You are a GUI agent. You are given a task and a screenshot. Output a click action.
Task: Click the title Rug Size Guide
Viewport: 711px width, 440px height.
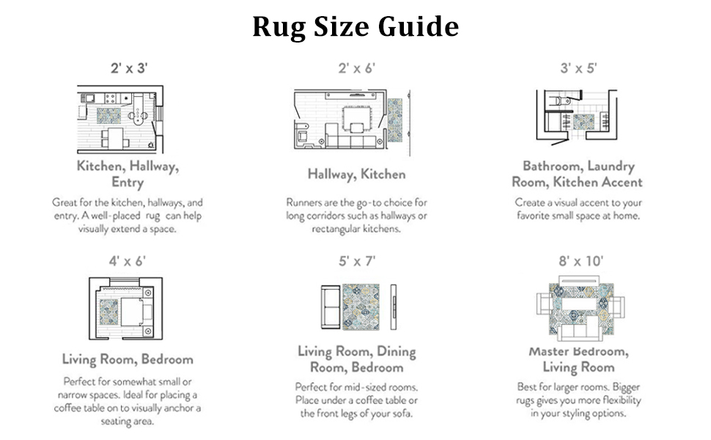coord(355,26)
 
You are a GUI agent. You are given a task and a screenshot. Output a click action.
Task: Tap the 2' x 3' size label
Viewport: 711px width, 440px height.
coord(129,68)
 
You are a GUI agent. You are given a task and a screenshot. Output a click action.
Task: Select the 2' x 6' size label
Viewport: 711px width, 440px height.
coord(357,68)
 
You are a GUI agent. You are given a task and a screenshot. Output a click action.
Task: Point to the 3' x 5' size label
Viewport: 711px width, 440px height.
coord(578,68)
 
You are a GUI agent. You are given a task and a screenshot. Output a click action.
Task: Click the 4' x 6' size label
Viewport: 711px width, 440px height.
coord(128,261)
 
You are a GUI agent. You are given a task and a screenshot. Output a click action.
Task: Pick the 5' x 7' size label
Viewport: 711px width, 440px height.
coord(357,261)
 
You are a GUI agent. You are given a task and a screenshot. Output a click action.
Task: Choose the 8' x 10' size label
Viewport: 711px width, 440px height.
coord(581,261)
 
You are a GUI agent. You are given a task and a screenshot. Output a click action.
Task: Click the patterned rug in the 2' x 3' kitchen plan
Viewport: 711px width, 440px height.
coord(108,115)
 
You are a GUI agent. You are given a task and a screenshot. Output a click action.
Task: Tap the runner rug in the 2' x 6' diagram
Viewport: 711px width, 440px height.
coord(394,120)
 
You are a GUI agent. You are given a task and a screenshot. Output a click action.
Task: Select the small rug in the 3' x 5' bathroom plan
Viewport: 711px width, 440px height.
coord(583,122)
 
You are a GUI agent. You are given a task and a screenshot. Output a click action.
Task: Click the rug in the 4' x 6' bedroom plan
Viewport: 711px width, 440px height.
coord(108,312)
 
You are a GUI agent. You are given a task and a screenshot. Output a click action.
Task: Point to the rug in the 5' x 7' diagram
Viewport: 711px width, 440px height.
coord(361,307)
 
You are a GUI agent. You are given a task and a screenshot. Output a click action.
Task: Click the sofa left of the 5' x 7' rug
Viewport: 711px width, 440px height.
coord(331,307)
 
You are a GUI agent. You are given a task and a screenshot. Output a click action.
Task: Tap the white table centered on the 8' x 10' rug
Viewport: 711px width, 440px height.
coord(579,304)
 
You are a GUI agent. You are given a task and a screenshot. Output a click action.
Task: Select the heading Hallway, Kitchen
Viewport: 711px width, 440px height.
coord(357,175)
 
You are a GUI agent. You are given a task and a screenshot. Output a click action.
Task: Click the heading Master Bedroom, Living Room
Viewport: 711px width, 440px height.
coord(578,359)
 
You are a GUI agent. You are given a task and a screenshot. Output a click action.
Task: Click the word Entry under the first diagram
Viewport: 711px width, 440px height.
coord(128,183)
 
